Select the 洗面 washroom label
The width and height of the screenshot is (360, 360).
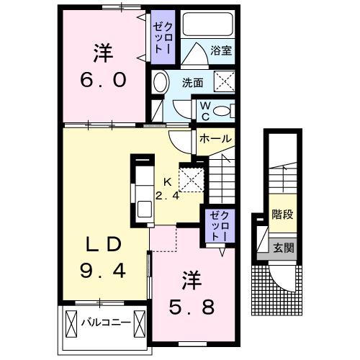(x=192, y=83)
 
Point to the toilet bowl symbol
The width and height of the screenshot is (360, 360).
(x=226, y=110)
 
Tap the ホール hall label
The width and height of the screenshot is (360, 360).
(x=215, y=138)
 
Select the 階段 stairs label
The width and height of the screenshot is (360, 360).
(x=282, y=214)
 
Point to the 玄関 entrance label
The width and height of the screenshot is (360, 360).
(x=282, y=248)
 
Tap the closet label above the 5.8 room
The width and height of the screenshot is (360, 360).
(x=217, y=226)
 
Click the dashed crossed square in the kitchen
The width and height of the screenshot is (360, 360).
(x=189, y=179)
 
